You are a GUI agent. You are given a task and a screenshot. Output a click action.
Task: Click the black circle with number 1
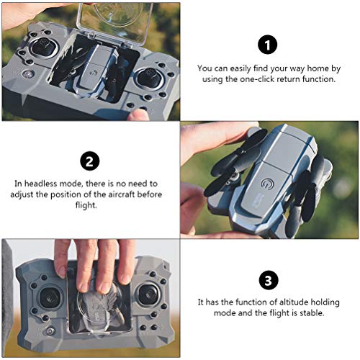tap(268, 45)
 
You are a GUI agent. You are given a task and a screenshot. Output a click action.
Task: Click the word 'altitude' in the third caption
tap(281, 302)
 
